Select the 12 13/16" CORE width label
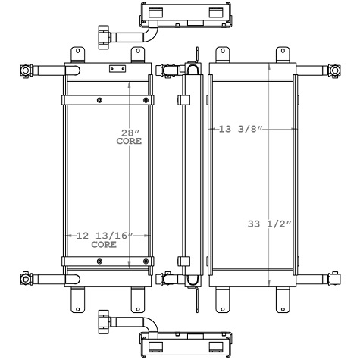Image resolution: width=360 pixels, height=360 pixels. [x=104, y=240]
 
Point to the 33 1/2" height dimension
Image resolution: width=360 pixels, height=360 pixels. [x=269, y=223]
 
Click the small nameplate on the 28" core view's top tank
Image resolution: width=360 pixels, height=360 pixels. [x=117, y=68]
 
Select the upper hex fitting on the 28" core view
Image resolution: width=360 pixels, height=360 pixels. [x=27, y=71]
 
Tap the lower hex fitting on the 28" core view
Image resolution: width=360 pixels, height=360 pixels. [x=27, y=279]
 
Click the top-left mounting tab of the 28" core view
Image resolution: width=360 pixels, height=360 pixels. [x=77, y=54]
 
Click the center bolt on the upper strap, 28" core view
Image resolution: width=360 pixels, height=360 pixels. [x=100, y=100]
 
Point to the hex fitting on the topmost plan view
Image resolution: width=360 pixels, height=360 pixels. [x=103, y=35]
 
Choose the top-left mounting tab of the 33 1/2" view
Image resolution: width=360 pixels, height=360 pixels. [x=223, y=54]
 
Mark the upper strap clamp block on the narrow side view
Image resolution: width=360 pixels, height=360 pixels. [x=184, y=99]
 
